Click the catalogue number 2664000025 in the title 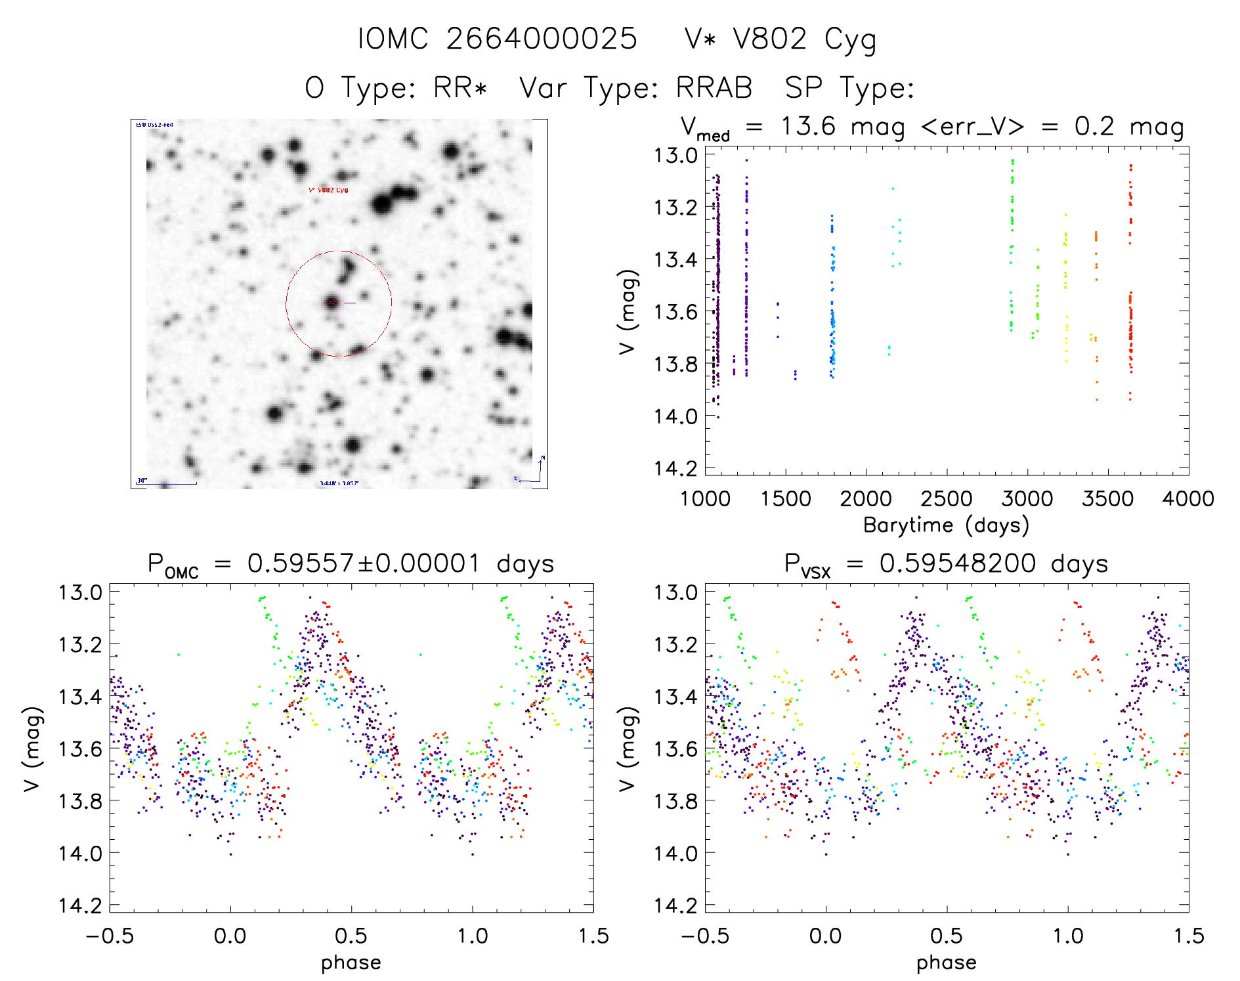tap(542, 39)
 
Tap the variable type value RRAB tap(714, 88)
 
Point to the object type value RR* tap(461, 88)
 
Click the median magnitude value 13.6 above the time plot tap(808, 126)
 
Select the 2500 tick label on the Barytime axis tap(947, 499)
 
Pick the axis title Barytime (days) tap(946, 525)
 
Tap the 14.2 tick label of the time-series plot tap(675, 468)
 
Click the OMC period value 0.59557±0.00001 tap(364, 563)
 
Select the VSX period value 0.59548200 tap(958, 563)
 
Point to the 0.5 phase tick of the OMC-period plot tap(351, 936)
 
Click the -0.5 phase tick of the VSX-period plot tap(705, 936)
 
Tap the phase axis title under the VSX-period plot tap(946, 963)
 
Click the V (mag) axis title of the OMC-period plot tap(33, 749)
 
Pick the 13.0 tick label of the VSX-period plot tap(675, 592)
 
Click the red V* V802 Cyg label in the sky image tap(328, 190)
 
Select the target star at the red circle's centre tap(332, 302)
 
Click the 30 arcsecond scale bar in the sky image tap(167, 483)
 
